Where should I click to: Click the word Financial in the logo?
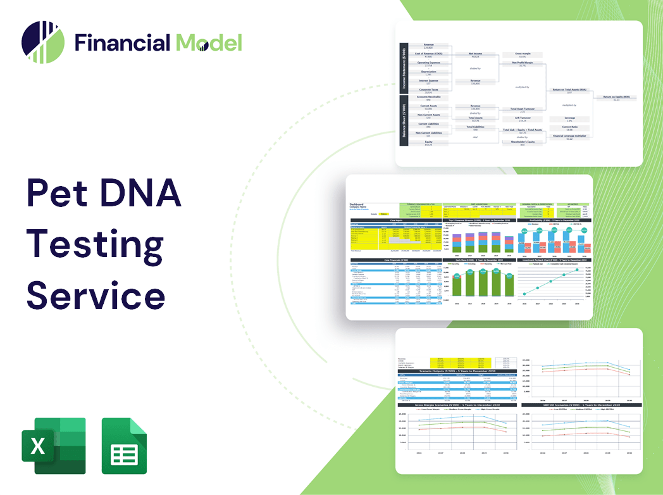click(122, 42)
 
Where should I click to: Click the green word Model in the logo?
click(209, 42)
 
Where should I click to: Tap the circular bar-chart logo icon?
click(43, 42)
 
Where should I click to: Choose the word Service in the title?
click(96, 295)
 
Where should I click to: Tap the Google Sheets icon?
click(124, 446)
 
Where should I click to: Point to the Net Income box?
click(475, 56)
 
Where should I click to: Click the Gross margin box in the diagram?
click(522, 56)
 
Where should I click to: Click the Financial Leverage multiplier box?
click(569, 137)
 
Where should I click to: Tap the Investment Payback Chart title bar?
click(555, 260)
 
